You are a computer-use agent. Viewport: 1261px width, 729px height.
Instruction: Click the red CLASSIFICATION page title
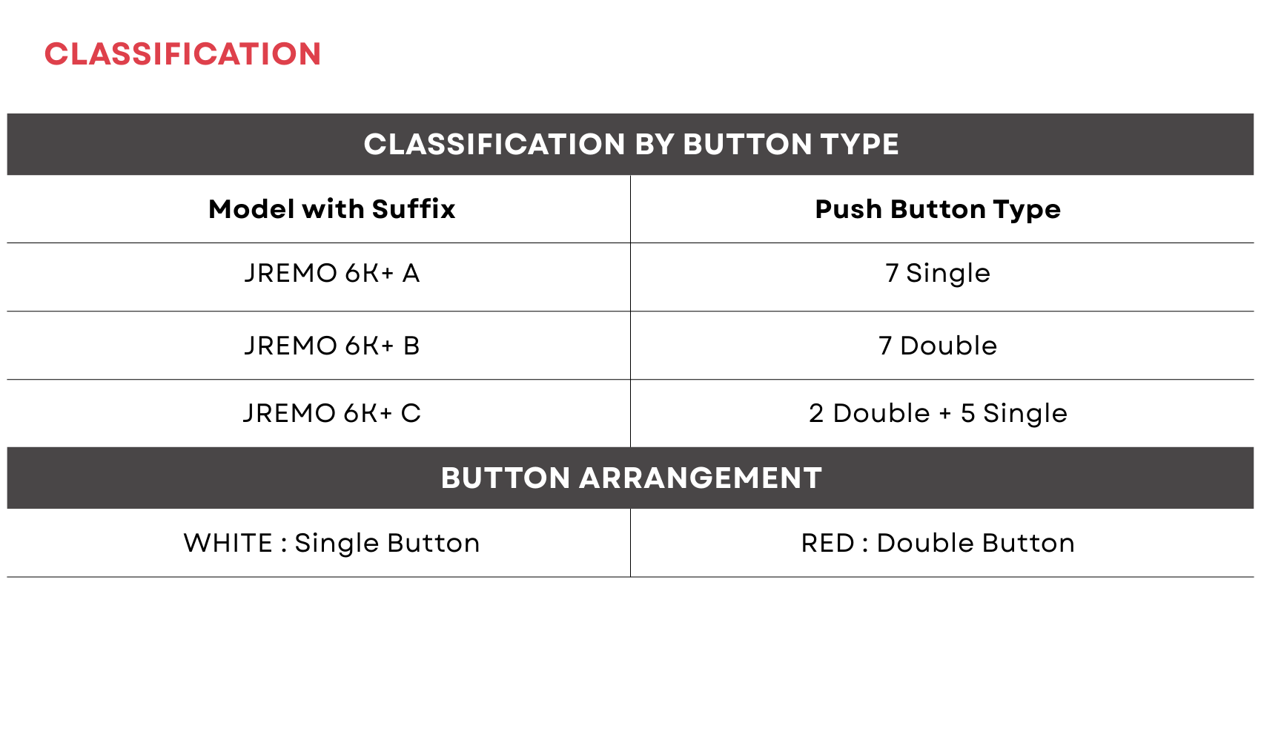182,54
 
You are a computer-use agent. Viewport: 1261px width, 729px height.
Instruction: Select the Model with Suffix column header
331,209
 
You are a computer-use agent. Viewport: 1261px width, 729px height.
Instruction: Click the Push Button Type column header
938,210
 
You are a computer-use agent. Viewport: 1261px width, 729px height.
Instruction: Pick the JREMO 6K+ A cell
331,273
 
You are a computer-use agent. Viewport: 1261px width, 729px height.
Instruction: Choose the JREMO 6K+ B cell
331,346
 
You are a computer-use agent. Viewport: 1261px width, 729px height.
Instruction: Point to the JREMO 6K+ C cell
331,413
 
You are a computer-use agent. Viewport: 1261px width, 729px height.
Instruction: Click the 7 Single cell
938,274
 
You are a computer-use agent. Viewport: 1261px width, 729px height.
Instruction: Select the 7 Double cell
938,346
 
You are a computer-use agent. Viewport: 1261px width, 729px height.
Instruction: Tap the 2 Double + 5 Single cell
938,414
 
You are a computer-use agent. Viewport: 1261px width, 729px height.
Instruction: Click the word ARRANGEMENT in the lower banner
701,478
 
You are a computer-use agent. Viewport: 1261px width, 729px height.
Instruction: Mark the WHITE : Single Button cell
331,543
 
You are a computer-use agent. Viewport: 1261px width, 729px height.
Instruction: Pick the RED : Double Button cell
938,543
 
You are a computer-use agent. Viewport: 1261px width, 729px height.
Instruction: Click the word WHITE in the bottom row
228,543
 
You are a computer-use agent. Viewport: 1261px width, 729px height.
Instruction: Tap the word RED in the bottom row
827,543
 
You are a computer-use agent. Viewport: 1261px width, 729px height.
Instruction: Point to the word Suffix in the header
413,209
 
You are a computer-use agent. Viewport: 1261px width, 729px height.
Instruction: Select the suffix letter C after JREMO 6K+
411,414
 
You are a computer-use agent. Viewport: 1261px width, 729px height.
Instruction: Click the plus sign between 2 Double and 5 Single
945,414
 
